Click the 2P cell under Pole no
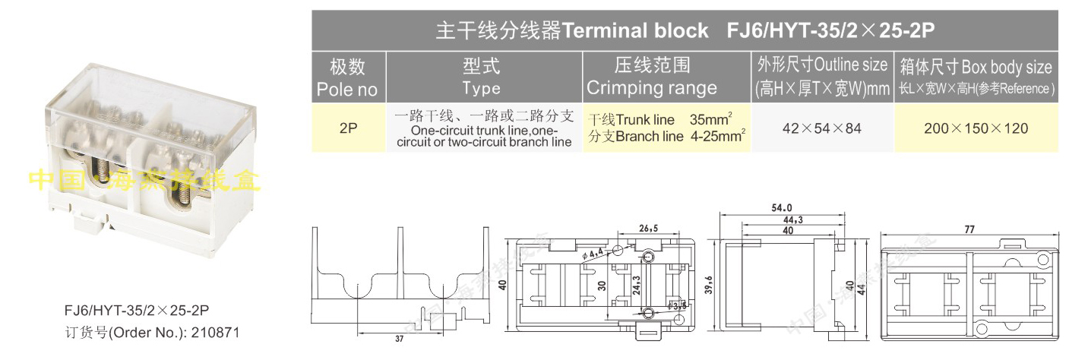[348, 128]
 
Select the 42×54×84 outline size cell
[821, 128]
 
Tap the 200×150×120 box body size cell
[976, 128]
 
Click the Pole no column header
[348, 77]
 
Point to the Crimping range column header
[652, 77]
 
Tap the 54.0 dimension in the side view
[780, 207]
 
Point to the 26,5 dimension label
[648, 228]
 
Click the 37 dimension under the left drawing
[398, 339]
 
